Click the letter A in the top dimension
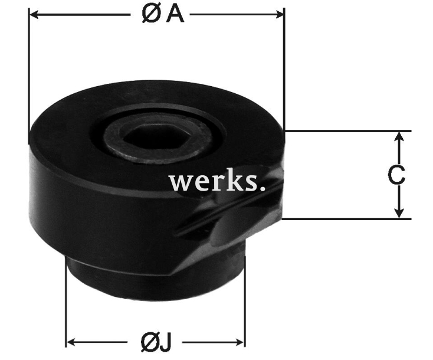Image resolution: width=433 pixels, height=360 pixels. tap(175, 15)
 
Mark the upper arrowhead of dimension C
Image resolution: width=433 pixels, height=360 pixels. tap(400, 136)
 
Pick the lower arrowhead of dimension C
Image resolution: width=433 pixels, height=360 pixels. tap(400, 213)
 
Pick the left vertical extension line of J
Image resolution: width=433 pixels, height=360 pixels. tap(65, 307)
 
